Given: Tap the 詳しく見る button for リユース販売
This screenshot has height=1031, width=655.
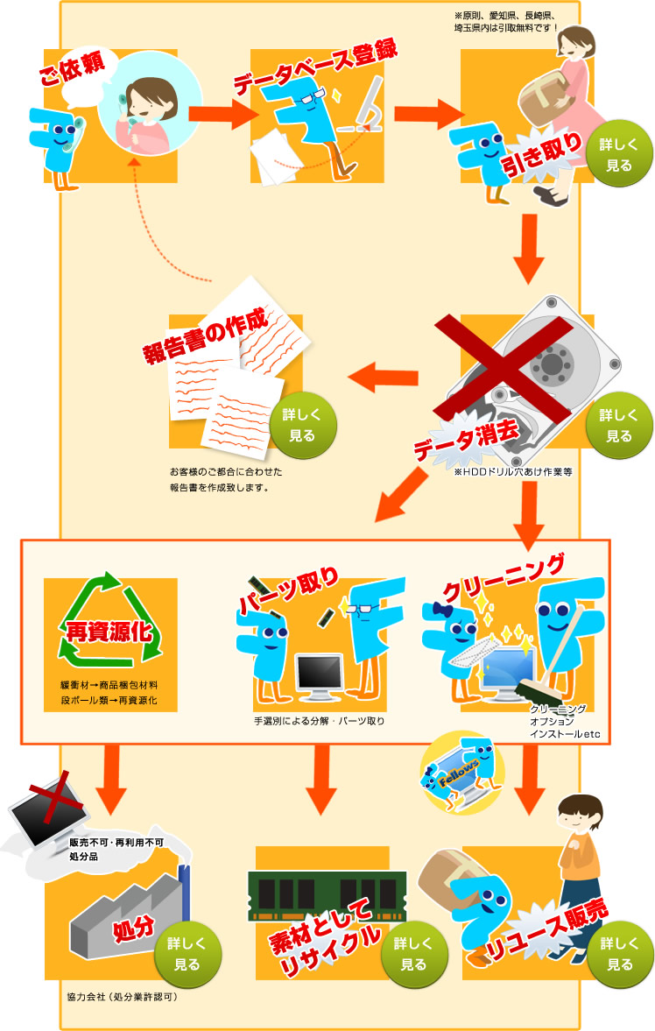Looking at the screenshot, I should click(619, 954).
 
